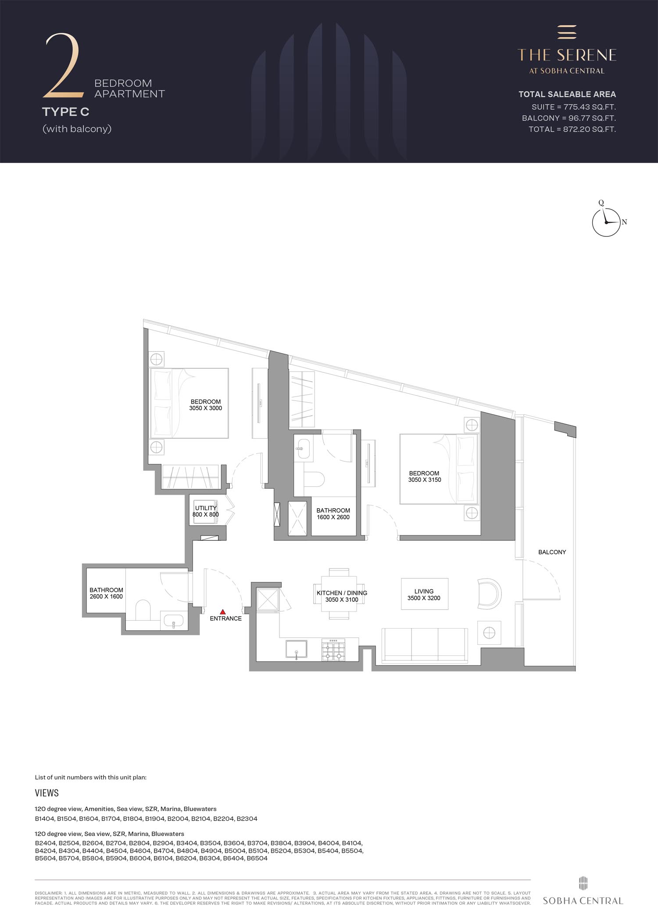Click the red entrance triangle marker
pos(223,611)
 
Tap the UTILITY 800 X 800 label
pos(206,511)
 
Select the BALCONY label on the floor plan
pos(552,552)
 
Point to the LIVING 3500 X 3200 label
pos(424,594)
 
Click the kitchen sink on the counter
pos(296,649)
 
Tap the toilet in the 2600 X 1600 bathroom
pos(143,610)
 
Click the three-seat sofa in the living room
pos(424,644)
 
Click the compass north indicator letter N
pos(624,222)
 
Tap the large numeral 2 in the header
pos(63,65)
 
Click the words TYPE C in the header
pos(66,112)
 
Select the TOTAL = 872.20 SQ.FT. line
pos(572,129)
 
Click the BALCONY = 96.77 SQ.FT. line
pos(569,118)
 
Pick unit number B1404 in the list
pos(45,818)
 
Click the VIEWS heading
pos(46,793)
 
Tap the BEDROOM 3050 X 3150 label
pos(424,476)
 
